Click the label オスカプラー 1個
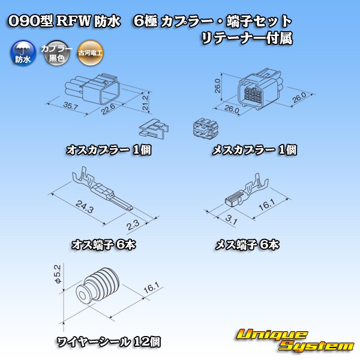108,150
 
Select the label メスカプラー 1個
254,150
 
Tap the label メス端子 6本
247,244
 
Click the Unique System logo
294,340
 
